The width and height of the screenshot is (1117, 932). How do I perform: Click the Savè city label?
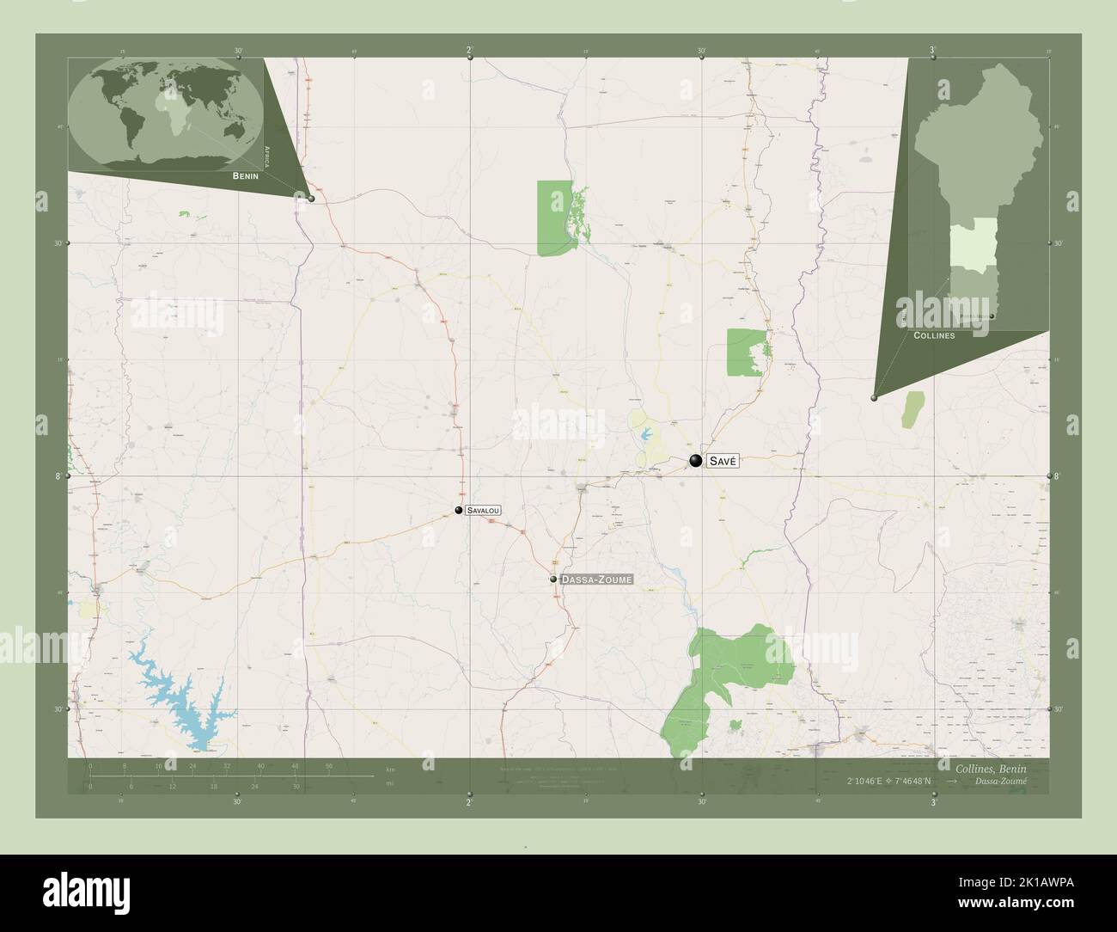(x=723, y=462)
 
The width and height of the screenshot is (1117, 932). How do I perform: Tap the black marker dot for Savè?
(x=695, y=461)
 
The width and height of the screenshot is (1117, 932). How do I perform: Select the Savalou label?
(x=483, y=510)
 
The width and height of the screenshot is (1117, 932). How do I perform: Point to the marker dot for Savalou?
(x=459, y=510)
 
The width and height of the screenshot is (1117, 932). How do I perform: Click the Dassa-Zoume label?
(x=596, y=579)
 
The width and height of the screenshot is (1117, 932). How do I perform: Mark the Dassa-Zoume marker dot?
(x=554, y=579)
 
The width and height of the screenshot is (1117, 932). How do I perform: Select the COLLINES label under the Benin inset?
(x=934, y=334)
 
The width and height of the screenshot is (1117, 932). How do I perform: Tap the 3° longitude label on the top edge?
(x=933, y=50)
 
